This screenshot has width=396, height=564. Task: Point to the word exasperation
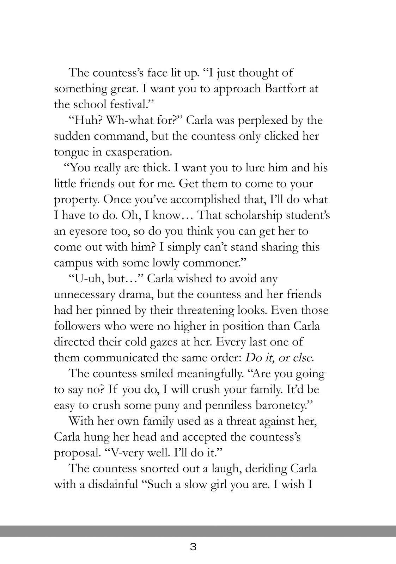tap(139, 152)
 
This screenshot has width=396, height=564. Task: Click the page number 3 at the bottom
tap(193, 547)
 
